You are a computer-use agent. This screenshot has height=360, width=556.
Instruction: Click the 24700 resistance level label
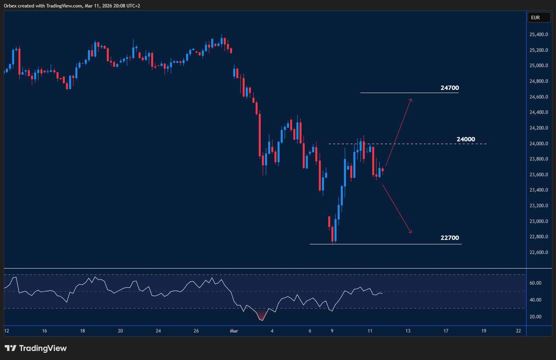[x=450, y=88]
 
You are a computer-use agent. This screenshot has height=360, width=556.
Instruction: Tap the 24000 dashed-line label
[x=466, y=139]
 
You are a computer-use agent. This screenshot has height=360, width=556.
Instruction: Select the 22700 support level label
[x=450, y=238]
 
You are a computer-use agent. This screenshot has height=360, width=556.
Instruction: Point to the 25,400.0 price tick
[x=539, y=35]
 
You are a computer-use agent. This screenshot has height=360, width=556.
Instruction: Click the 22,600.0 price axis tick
[x=539, y=252]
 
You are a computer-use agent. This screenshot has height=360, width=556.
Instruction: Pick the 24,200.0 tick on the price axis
[x=539, y=128]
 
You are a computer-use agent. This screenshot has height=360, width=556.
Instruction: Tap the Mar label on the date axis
[x=234, y=331]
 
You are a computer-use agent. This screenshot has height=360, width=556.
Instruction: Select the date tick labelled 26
[x=196, y=331]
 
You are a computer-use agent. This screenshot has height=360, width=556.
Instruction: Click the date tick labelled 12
[x=7, y=331]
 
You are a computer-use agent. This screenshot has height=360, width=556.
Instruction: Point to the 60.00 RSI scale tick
[x=536, y=283]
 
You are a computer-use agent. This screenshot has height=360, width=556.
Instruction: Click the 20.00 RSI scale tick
[x=536, y=317]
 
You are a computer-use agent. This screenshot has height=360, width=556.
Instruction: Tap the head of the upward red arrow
[x=411, y=99]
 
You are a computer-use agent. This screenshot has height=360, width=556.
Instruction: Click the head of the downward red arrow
[x=411, y=232]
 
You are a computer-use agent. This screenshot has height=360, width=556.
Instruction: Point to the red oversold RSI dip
[x=262, y=316]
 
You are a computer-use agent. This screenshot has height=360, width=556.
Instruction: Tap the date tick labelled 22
[x=518, y=331]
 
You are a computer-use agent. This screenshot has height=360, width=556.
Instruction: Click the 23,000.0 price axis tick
[x=539, y=221]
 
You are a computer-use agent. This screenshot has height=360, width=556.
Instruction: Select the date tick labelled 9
[x=332, y=331]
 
